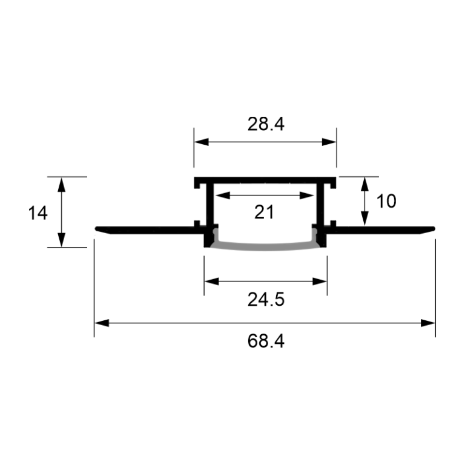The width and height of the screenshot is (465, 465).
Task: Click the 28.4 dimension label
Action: [x=265, y=124]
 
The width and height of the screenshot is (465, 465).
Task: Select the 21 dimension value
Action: [x=265, y=212]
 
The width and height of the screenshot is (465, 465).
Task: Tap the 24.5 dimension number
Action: [x=265, y=299]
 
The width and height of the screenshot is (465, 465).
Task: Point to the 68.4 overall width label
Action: [x=265, y=341]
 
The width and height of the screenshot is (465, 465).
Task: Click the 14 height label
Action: [x=38, y=213]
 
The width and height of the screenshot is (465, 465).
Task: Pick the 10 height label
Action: [x=386, y=201]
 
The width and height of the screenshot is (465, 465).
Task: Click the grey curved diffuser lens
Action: [x=265, y=245]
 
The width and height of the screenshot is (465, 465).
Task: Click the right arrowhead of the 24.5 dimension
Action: [x=321, y=281]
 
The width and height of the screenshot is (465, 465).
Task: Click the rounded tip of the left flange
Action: [x=97, y=228]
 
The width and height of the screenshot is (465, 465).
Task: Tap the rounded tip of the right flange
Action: [x=433, y=228]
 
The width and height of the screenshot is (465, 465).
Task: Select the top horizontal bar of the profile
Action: [x=265, y=181]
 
